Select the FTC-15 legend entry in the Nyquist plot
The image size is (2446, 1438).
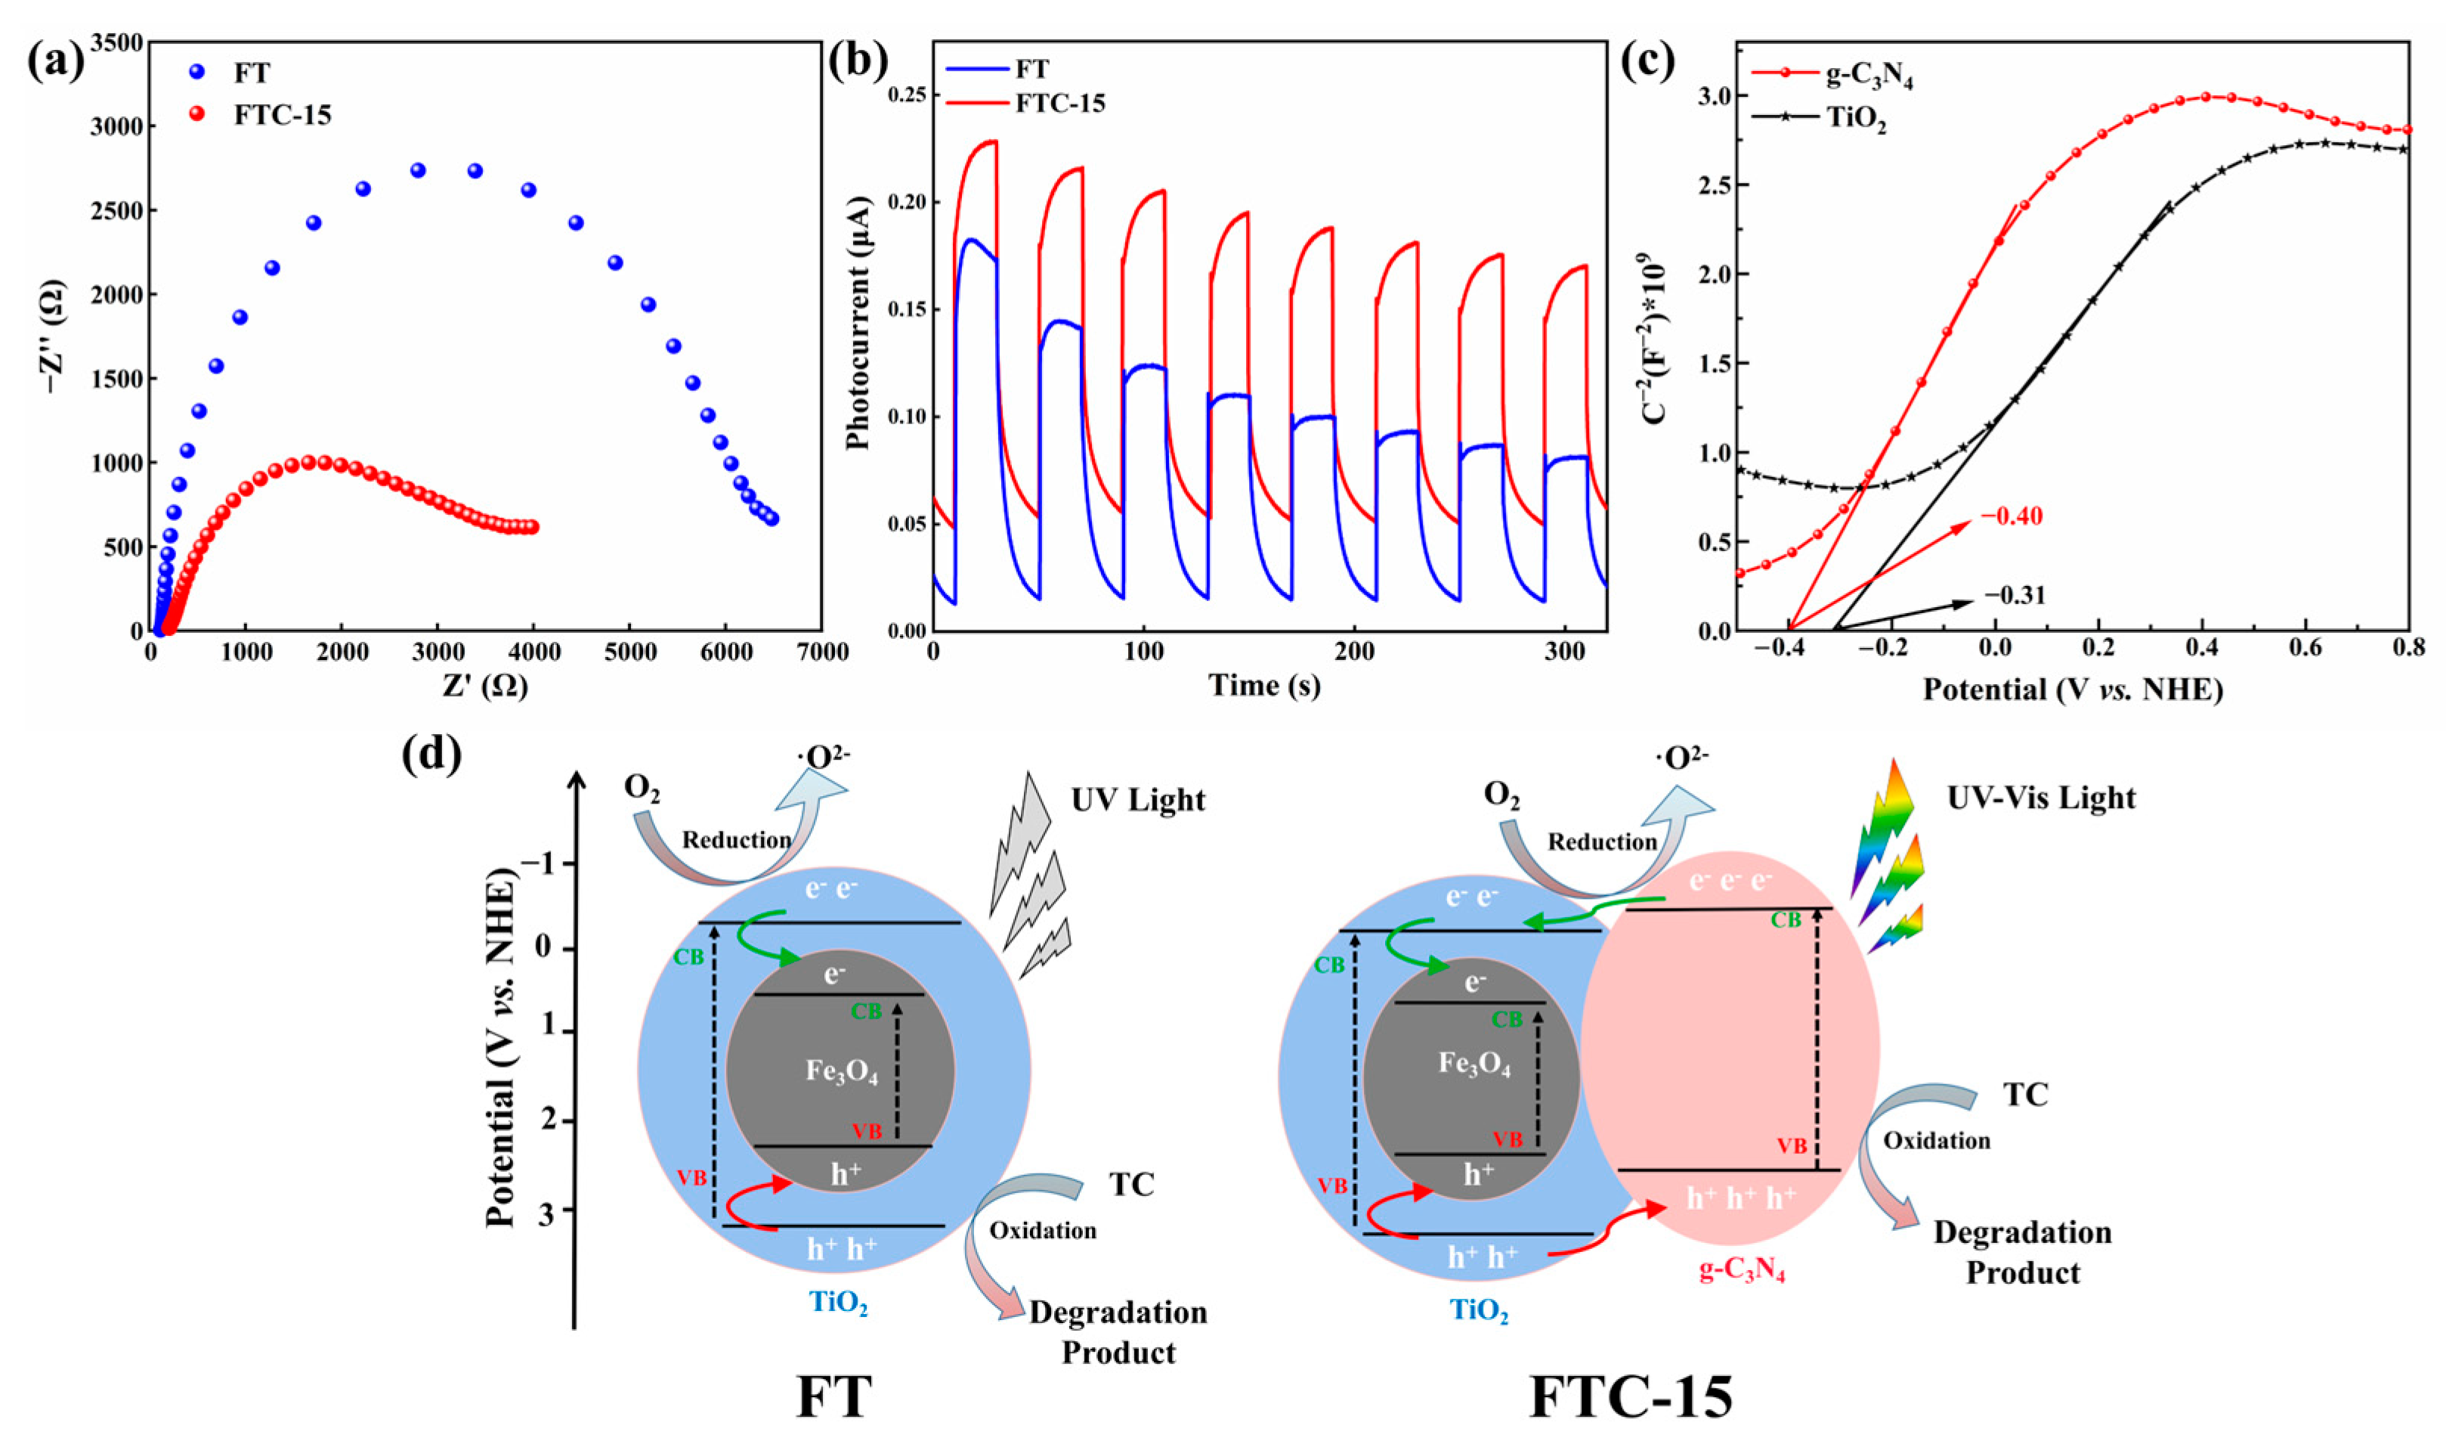coord(282,115)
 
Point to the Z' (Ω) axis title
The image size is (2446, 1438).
coord(484,686)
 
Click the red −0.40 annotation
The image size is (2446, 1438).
coord(2012,516)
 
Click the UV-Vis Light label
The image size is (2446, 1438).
coord(2041,798)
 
